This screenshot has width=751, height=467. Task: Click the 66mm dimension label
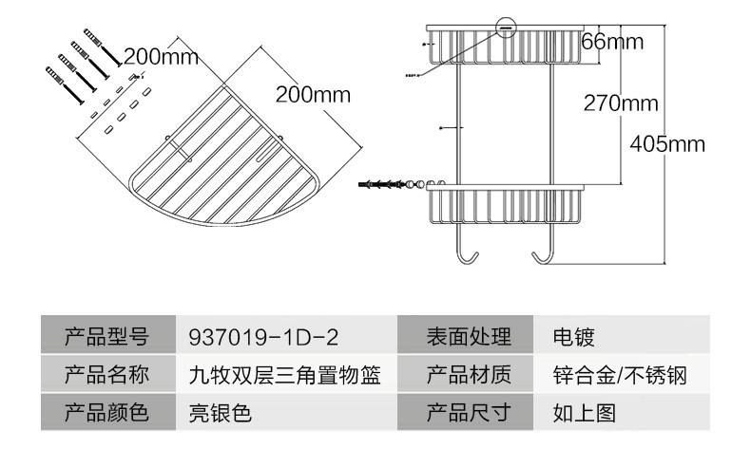(612, 42)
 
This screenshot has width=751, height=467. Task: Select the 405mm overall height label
(666, 144)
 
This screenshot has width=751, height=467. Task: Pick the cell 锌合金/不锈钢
(619, 375)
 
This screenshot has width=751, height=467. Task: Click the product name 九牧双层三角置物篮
(285, 375)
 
